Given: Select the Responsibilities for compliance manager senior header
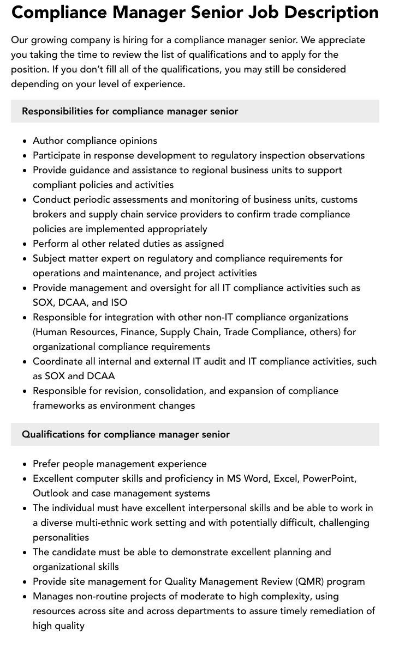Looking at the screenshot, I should [x=130, y=111].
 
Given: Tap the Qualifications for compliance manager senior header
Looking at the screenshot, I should [x=126, y=434].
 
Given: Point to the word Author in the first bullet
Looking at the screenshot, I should [x=48, y=141].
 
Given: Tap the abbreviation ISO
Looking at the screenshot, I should [x=119, y=302].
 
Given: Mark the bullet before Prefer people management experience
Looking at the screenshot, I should [x=25, y=464].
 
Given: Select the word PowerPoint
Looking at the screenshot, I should [x=329, y=478].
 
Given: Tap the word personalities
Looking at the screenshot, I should [x=61, y=537].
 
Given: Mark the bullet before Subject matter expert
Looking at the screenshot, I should [x=25, y=259].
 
